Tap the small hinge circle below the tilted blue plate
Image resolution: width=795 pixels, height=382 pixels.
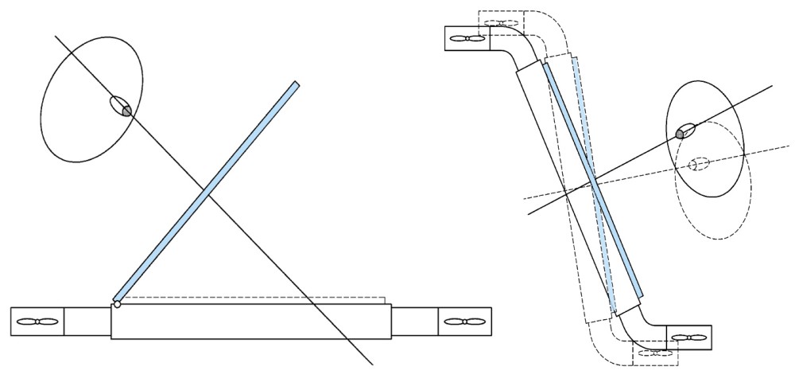117,303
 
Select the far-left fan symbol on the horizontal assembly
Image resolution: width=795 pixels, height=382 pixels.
37,321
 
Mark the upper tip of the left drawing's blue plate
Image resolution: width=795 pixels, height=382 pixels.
296,84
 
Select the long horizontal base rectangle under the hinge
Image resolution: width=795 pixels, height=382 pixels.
251,322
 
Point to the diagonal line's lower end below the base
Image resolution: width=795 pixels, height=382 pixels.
370,363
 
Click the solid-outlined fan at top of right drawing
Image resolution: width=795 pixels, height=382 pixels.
466,38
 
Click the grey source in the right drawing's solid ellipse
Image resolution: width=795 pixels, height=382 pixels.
681,132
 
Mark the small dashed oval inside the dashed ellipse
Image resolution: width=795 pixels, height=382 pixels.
699,163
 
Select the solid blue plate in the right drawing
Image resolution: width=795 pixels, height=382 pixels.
592,179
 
